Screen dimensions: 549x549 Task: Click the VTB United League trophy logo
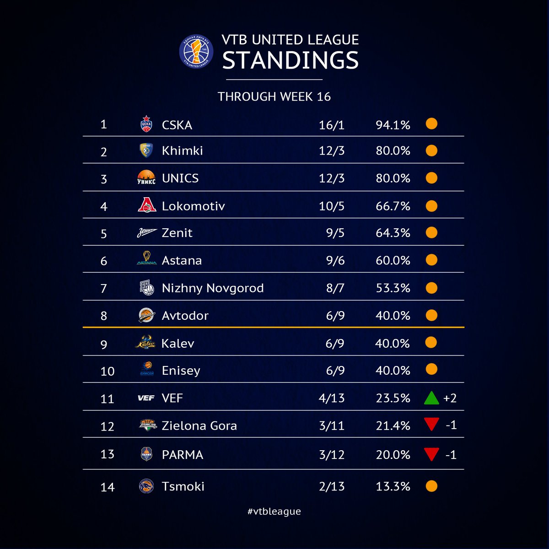coord(197,51)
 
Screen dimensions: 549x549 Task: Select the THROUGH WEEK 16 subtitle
coord(274,97)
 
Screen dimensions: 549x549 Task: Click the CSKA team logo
coord(146,124)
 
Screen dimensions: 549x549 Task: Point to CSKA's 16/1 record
coord(331,125)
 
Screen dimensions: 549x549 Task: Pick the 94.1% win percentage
coord(393,125)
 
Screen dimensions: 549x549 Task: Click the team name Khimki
coord(182,151)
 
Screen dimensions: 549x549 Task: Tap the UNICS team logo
coord(146,178)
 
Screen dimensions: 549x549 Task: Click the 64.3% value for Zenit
coord(393,233)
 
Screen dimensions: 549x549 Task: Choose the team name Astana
coord(182,261)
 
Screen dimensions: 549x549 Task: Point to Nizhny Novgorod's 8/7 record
coord(335,288)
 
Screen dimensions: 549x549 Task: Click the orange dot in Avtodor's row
coord(431,315)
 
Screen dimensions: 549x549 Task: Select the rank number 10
coord(107,371)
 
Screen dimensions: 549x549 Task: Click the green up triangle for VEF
coord(431,398)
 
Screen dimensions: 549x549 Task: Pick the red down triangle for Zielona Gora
coord(431,425)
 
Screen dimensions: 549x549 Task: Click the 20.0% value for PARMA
coord(393,455)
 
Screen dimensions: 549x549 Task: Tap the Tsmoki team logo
coord(146,486)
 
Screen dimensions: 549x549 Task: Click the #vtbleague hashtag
coord(274,511)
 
